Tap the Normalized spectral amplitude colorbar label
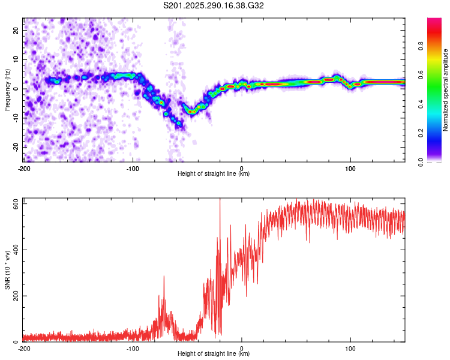(x=446, y=90)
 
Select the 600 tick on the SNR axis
(x=13, y=204)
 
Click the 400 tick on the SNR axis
(x=13, y=250)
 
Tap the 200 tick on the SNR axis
(x=13, y=296)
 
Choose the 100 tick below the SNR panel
(x=350, y=348)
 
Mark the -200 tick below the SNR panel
(x=24, y=348)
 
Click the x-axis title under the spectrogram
(x=214, y=174)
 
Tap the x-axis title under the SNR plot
(x=214, y=354)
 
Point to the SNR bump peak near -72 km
(x=163, y=277)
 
